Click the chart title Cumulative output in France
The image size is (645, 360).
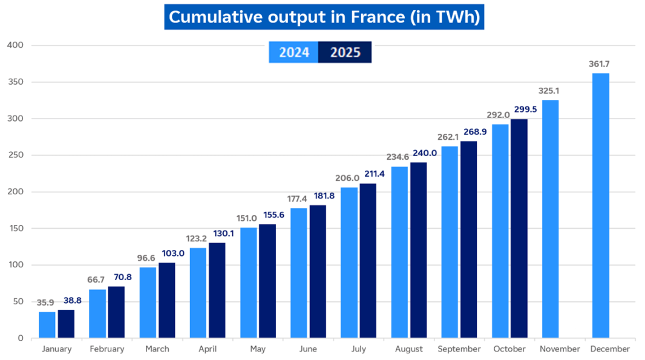point(324,17)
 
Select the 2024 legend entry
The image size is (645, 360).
point(293,53)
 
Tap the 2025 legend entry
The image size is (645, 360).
point(345,53)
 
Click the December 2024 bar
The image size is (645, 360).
point(600,206)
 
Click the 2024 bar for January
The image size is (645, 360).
point(47,325)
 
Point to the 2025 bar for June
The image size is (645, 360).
point(318,272)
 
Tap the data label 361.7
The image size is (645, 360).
point(600,64)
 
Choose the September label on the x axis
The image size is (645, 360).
point(459,349)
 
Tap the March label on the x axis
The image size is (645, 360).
point(157,349)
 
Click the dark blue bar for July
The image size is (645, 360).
point(368,261)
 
